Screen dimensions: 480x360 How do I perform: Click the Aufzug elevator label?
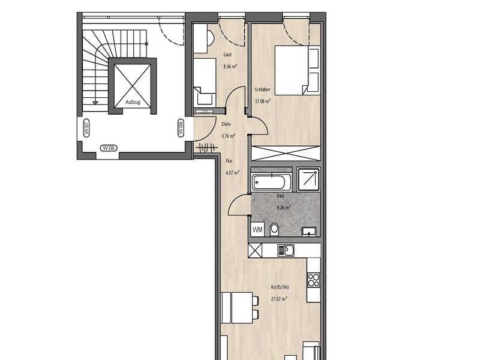[x=133, y=102]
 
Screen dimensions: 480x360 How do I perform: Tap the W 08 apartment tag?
[x=109, y=148]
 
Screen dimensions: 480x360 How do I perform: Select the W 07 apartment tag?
[x=86, y=127]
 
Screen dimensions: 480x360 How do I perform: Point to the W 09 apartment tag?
[x=181, y=127]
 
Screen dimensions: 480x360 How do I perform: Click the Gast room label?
[x=227, y=55]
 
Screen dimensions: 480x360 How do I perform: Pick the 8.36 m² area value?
[x=230, y=67]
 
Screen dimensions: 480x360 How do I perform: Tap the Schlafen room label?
[x=262, y=89]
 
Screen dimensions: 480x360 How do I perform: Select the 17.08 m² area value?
[x=263, y=101]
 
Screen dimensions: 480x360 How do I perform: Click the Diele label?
[x=226, y=124]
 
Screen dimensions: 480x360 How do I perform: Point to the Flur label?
[x=229, y=161]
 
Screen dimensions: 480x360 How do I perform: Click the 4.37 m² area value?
[x=232, y=172]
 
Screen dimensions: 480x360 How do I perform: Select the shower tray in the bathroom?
[x=308, y=179]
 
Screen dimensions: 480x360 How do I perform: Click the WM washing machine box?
[x=258, y=230]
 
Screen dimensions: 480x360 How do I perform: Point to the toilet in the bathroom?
[x=275, y=230]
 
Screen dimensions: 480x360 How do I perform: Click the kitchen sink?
[x=286, y=250]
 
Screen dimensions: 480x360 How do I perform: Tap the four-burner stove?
[x=313, y=280]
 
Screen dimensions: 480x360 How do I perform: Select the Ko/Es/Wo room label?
[x=280, y=287]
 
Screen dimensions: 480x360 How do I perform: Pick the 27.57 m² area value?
[x=279, y=299]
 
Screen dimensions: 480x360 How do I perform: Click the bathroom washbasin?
[x=310, y=232]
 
